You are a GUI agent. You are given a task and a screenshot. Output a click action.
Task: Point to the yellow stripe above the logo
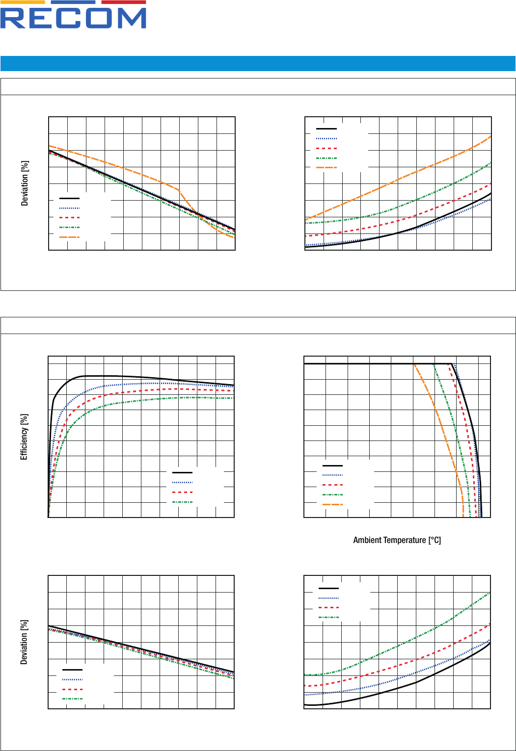coord(25,2)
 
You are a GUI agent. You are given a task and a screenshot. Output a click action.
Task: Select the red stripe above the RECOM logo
coord(123,2)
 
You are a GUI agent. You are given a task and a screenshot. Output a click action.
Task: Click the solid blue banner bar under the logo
coord(258,63)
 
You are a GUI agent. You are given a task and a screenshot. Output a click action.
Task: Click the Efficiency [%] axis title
coord(24,437)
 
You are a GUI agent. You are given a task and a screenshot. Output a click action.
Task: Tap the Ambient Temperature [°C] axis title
coord(397,540)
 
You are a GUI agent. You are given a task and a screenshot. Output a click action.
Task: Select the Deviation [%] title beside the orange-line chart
coord(25,183)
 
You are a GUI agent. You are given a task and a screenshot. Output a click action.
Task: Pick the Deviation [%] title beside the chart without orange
coord(24,642)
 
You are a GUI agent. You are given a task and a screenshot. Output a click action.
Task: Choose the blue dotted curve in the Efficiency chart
coord(123,384)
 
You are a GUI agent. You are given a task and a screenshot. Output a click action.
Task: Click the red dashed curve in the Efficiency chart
coord(123,392)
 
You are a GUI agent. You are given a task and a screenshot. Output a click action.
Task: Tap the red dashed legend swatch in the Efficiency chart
coord(182,492)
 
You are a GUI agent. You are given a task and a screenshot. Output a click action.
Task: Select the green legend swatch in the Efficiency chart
coord(182,502)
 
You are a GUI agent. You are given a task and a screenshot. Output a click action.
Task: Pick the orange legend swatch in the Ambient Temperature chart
coord(332,504)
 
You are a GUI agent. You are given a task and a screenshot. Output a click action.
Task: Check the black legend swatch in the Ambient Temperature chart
coord(332,465)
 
